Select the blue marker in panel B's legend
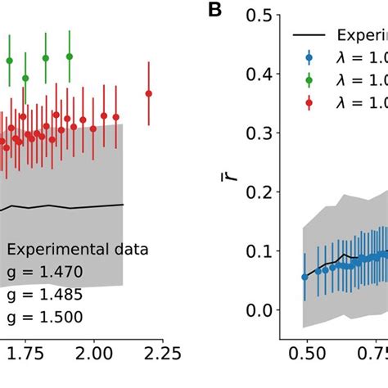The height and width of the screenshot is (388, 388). click(x=309, y=57)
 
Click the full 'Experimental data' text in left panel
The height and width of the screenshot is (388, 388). click(x=77, y=250)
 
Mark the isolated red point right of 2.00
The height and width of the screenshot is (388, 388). click(x=148, y=93)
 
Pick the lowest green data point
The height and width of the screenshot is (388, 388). click(x=25, y=78)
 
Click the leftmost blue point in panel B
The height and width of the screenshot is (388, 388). click(x=305, y=277)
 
